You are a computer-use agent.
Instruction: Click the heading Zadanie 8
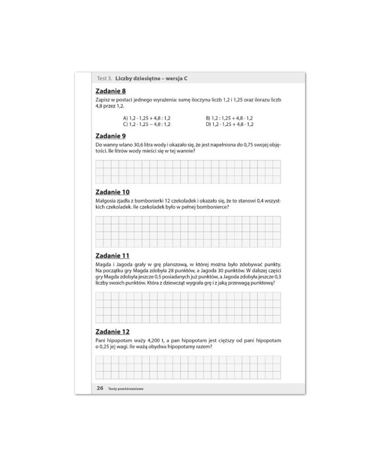(x=111, y=91)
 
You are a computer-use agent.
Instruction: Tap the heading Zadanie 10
(x=112, y=191)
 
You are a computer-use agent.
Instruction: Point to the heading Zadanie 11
(x=112, y=255)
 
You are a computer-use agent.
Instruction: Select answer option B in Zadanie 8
(x=229, y=117)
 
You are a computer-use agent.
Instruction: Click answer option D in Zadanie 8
(x=229, y=124)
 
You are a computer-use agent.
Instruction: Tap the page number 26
(x=100, y=388)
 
